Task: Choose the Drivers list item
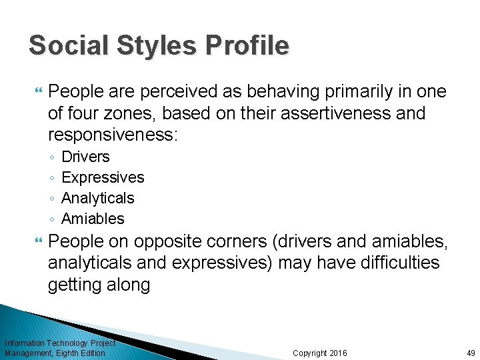(x=85, y=157)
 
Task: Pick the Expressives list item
(x=103, y=177)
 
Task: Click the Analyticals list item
(x=97, y=198)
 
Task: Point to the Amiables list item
(x=93, y=219)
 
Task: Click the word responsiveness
(x=111, y=135)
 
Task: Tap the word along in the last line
(x=127, y=285)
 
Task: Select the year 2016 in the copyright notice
(x=339, y=353)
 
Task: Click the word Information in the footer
(x=25, y=343)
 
